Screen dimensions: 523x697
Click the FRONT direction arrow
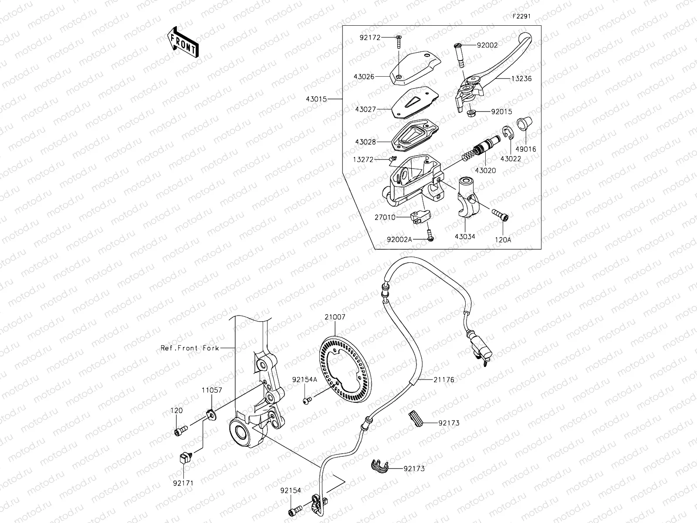183,42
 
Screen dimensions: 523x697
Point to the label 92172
370,38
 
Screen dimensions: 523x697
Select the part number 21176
443,380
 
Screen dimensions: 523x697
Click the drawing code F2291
521,17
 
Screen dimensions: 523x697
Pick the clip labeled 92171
184,457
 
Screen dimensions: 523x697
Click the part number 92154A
305,380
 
